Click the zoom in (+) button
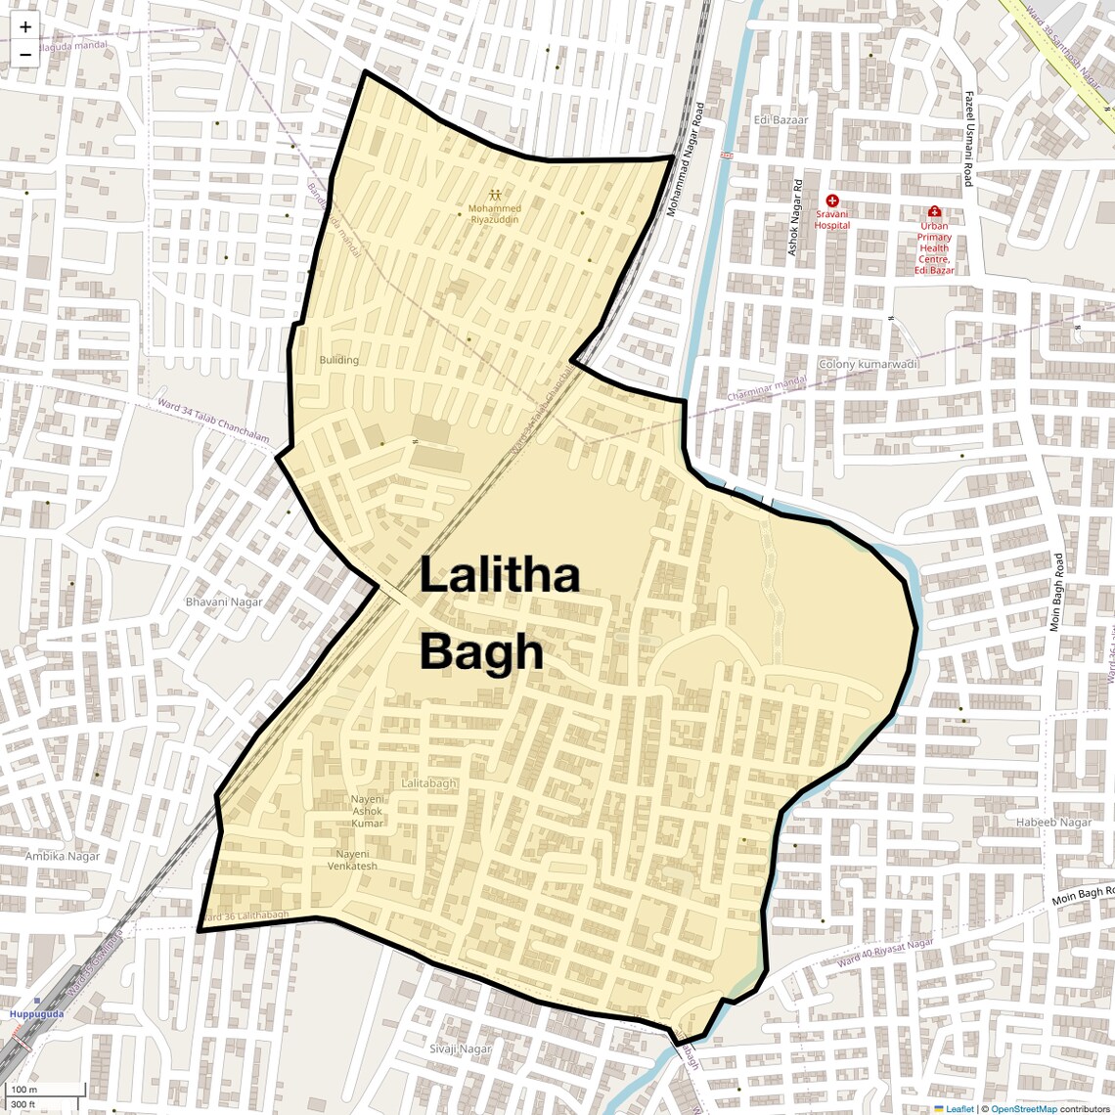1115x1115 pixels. pyautogui.click(x=25, y=27)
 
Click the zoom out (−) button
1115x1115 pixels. pyautogui.click(x=25, y=54)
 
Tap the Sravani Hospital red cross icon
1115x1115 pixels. pyautogui.click(x=832, y=201)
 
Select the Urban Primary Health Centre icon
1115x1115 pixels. pyautogui.click(x=934, y=211)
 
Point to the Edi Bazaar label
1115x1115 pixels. pyautogui.click(x=780, y=120)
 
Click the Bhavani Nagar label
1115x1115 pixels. pyautogui.click(x=224, y=602)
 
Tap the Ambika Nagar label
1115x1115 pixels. pyautogui.click(x=63, y=856)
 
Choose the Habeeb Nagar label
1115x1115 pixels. pyautogui.click(x=1053, y=822)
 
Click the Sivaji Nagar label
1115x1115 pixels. pyautogui.click(x=460, y=1049)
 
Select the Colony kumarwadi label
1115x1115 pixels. pyautogui.click(x=869, y=364)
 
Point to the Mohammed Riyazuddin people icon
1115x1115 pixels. pyautogui.click(x=495, y=195)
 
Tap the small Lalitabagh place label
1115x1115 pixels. pyautogui.click(x=428, y=783)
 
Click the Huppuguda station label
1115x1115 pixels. pyautogui.click(x=36, y=1014)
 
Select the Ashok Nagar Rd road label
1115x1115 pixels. pyautogui.click(x=795, y=218)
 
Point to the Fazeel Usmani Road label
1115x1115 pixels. pyautogui.click(x=968, y=139)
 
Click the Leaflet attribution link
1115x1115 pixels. pyautogui.click(x=959, y=1109)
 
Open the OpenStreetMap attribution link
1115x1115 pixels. pyautogui.click(x=1024, y=1109)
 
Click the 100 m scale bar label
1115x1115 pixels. pyautogui.click(x=23, y=1090)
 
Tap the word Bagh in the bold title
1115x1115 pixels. pyautogui.click(x=481, y=652)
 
